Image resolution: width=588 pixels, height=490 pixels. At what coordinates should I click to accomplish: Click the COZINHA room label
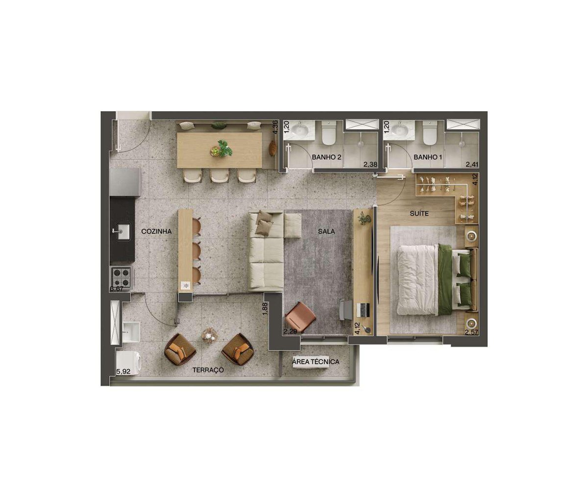[x=156, y=231]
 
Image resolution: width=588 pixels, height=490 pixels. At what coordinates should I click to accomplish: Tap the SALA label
[x=326, y=231]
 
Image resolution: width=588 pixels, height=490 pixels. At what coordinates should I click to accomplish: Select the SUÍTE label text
[x=419, y=214]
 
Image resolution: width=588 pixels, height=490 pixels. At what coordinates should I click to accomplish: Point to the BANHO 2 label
[x=327, y=157]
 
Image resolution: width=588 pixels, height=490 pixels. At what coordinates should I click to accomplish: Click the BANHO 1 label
[x=427, y=157]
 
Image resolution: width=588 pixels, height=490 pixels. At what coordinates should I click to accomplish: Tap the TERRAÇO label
[x=208, y=370]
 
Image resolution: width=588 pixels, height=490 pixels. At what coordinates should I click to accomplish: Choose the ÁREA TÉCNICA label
[x=316, y=362]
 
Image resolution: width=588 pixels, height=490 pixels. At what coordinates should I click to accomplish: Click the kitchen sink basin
[x=123, y=231]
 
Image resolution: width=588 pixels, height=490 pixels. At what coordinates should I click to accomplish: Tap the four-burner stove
[x=122, y=277]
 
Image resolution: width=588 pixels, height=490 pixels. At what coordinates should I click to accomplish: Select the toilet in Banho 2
[x=329, y=132]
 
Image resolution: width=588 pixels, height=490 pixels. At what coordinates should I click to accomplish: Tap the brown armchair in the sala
[x=300, y=317]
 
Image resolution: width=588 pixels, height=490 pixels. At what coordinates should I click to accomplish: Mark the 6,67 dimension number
[x=117, y=289]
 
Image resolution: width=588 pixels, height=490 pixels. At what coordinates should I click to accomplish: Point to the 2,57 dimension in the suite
[x=471, y=332]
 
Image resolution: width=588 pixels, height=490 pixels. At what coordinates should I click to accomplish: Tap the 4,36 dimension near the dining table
[x=275, y=127]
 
